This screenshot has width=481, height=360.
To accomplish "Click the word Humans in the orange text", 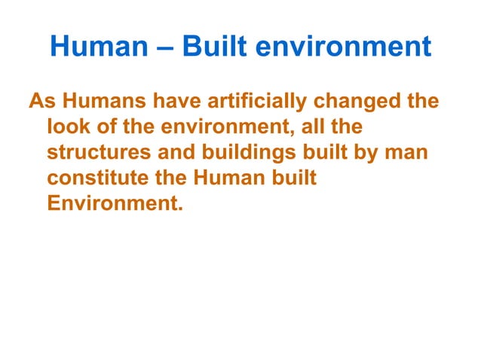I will click(96, 101).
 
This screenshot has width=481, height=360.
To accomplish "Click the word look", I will click(68, 127).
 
